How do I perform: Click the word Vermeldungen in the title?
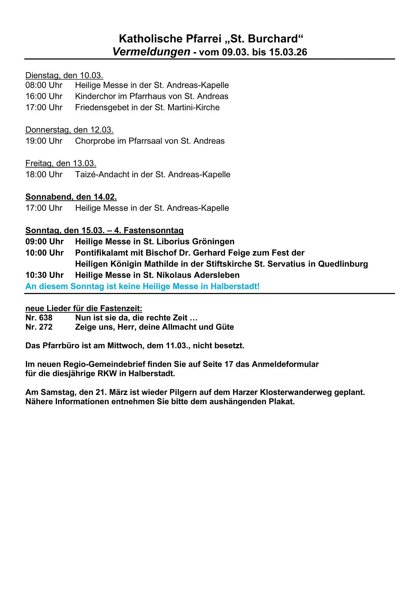pyautogui.click(x=151, y=52)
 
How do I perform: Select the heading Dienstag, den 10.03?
pyautogui.click(x=64, y=75)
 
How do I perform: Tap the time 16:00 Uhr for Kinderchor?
pyautogui.click(x=44, y=96)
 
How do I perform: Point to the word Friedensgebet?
pyautogui.click(x=102, y=107)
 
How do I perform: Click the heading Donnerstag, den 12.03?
pyautogui.click(x=69, y=130)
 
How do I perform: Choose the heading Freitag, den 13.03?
pyautogui.click(x=61, y=163)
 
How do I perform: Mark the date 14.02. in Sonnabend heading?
pyautogui.click(x=105, y=197)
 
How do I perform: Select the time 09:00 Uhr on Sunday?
pyautogui.click(x=44, y=242)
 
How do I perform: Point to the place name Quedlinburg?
pyautogui.click(x=343, y=264)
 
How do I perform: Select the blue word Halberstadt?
pyautogui.click(x=235, y=286)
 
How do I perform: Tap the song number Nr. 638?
pyautogui.click(x=39, y=318)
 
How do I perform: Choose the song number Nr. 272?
pyautogui.click(x=39, y=327)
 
